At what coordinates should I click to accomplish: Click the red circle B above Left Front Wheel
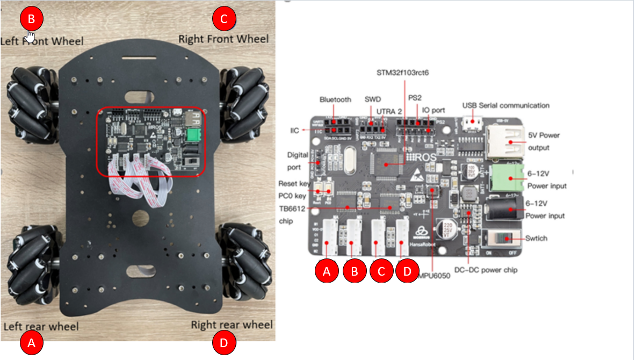(x=31, y=19)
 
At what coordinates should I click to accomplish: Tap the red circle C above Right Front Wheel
(x=224, y=19)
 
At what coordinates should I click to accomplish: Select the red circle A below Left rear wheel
(x=31, y=343)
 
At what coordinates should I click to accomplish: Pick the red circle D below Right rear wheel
(x=224, y=343)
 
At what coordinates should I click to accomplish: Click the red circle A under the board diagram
(x=326, y=271)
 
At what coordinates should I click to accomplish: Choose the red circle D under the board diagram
(x=407, y=271)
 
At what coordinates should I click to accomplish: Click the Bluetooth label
(x=335, y=99)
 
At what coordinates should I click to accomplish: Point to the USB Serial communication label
(x=505, y=105)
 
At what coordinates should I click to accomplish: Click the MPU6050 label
(x=436, y=276)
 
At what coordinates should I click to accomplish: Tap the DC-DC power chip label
(x=486, y=270)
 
